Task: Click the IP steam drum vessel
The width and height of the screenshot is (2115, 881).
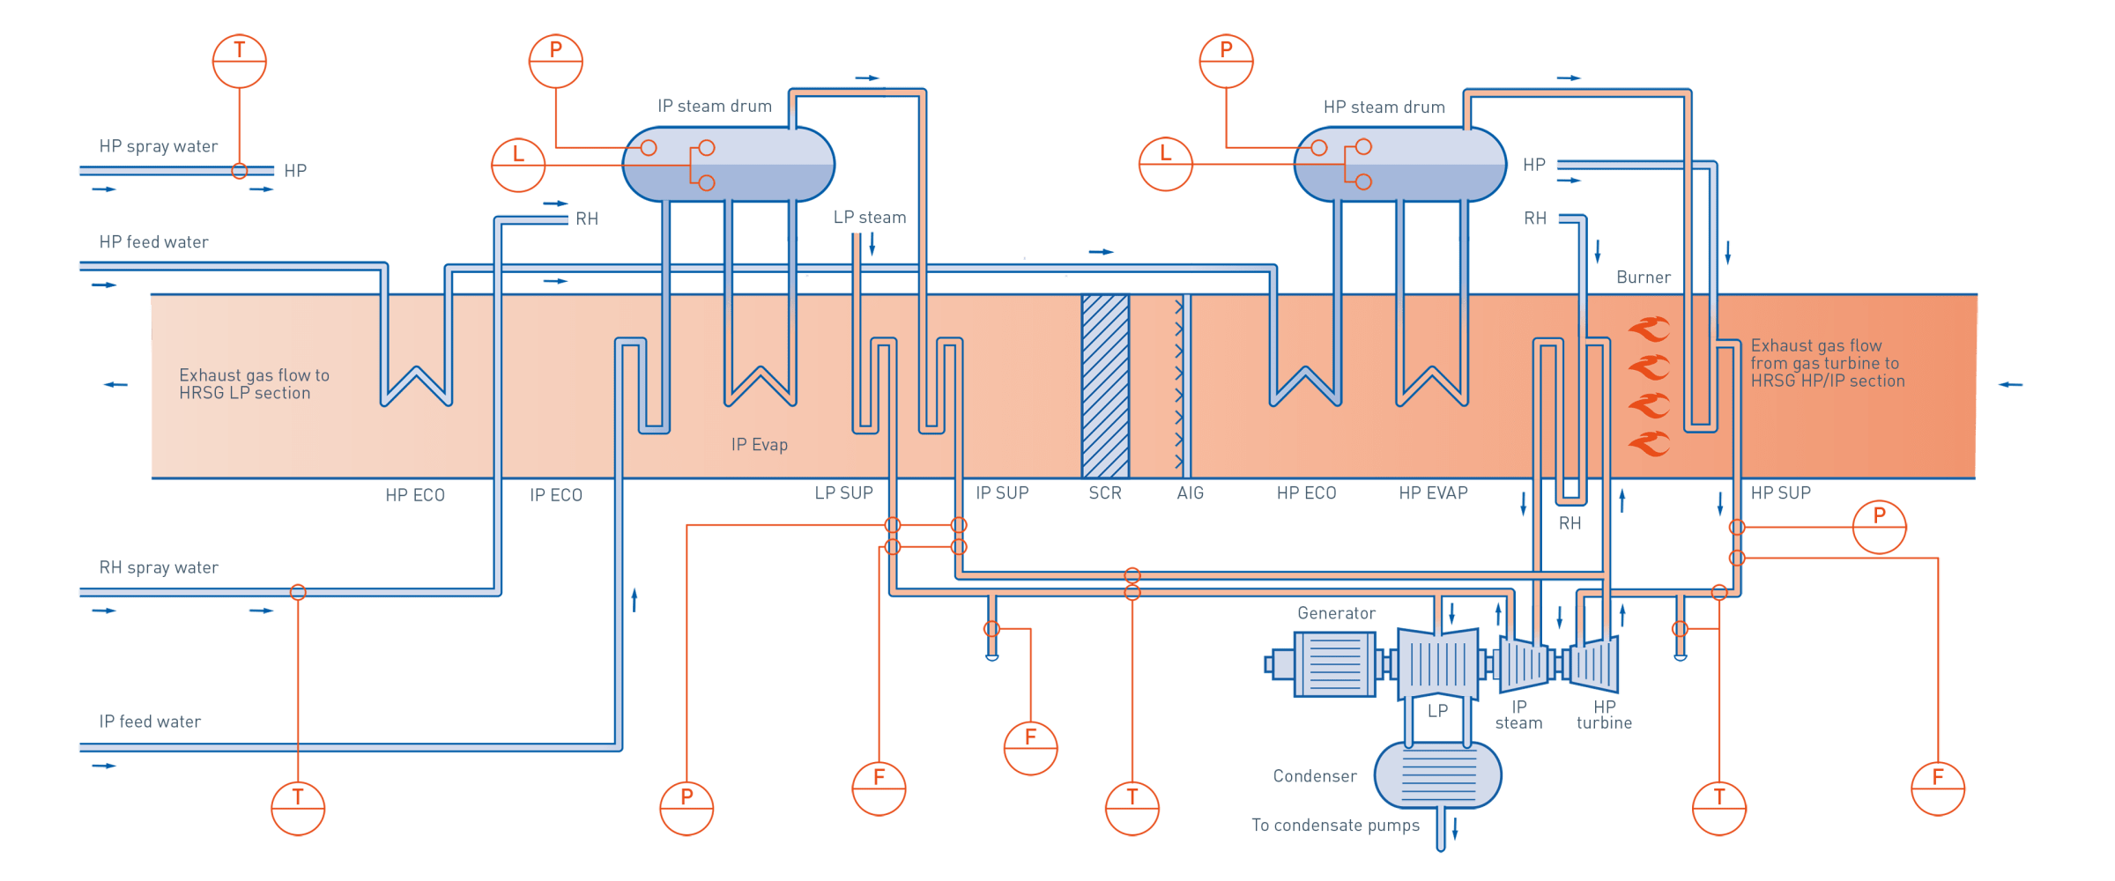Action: (728, 165)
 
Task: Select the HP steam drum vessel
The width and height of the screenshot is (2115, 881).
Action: (1399, 165)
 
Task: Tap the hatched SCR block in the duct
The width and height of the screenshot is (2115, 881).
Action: (1105, 386)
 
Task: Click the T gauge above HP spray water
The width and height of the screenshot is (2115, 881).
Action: (240, 61)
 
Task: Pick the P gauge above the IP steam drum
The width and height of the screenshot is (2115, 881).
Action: (556, 61)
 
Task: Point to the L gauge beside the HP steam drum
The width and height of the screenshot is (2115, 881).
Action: (1165, 164)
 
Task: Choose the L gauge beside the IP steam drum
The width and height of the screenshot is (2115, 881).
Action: (517, 165)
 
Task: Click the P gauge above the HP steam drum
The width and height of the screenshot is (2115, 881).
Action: (1226, 61)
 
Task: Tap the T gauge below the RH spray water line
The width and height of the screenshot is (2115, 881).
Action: (298, 808)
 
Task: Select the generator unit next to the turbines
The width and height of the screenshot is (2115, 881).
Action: (1332, 664)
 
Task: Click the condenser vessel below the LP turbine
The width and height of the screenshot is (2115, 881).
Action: (1437, 775)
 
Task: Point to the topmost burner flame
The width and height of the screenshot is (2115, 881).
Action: (1649, 329)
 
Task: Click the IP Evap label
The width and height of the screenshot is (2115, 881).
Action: (759, 445)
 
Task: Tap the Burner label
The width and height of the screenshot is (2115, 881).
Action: (1643, 278)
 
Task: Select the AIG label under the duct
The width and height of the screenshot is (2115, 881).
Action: (1190, 493)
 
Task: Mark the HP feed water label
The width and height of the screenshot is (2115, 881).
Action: (154, 242)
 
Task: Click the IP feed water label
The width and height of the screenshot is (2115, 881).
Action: (150, 722)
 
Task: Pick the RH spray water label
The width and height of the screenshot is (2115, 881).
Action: (159, 568)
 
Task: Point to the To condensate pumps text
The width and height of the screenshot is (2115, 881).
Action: (1335, 825)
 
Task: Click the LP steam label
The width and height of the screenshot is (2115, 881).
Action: (870, 218)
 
